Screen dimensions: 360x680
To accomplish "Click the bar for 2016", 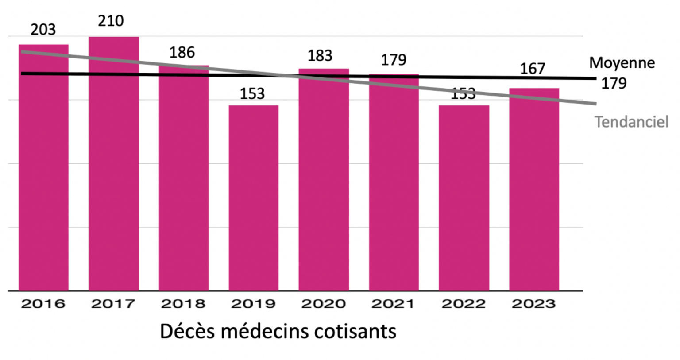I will (x=43, y=177).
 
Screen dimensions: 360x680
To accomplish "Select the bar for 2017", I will (x=113, y=177).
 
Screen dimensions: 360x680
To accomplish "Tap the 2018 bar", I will (x=184, y=186).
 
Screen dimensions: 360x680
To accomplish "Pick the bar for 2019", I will (x=254, y=199).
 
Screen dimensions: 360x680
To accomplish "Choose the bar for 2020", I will (x=324, y=186).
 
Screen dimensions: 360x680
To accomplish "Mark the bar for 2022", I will (x=464, y=199).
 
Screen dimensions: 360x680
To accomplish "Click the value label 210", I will (x=111, y=21).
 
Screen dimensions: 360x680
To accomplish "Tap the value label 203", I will (x=43, y=30).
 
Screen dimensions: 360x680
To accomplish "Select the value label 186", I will (x=182, y=52).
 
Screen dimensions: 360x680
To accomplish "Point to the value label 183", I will (x=320, y=55).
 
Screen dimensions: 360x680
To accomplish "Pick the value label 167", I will (x=532, y=69).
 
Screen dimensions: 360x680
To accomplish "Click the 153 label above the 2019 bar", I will (x=252, y=93).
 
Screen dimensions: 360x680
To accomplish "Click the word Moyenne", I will (x=622, y=63).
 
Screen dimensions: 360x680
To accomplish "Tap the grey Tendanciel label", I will (x=631, y=122).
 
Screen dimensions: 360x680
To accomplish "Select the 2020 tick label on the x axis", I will (x=324, y=304).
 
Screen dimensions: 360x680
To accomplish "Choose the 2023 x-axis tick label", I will (x=533, y=304).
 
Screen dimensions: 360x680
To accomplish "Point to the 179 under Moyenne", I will (x=614, y=83).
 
